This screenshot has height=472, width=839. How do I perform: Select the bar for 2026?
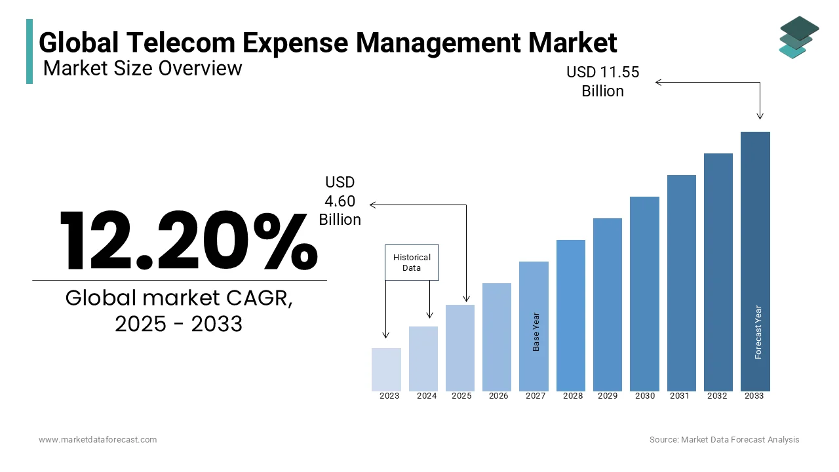tap(497, 337)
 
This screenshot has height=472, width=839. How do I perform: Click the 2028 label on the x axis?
tap(572, 396)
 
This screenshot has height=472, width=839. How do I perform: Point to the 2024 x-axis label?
tap(427, 396)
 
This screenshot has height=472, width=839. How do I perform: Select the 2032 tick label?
tap(717, 396)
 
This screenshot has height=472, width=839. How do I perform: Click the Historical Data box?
tap(412, 262)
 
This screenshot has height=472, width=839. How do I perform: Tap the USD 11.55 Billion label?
tap(602, 81)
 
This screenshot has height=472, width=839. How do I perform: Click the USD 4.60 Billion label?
tap(340, 201)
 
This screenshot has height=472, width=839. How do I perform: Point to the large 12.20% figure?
tap(188, 241)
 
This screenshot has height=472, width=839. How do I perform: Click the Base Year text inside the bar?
tap(536, 332)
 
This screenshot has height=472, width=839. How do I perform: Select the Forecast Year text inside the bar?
tap(758, 332)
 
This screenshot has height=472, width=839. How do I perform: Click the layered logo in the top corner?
tap(798, 37)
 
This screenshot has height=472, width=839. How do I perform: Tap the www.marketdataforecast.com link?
tap(98, 439)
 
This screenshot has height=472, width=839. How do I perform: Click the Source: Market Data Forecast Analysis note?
tap(724, 439)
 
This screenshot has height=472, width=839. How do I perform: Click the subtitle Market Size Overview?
tap(142, 68)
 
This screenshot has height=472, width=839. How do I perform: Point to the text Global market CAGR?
tap(179, 298)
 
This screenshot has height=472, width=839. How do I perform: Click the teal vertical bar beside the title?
tap(29, 51)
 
